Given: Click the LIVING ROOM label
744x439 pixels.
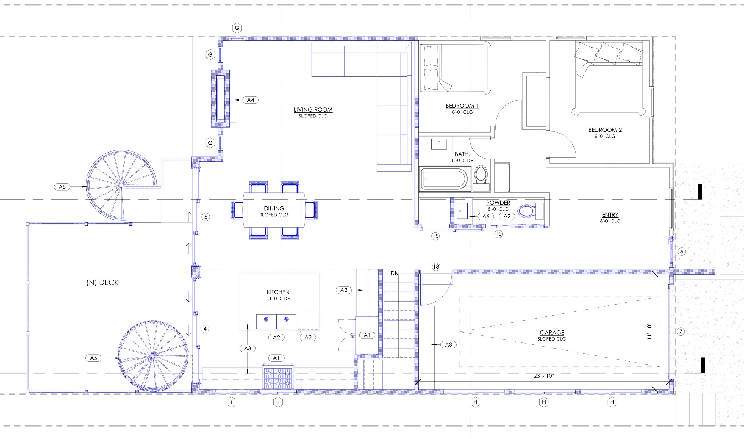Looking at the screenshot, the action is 313,109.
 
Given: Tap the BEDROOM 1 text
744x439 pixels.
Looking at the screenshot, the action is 462,106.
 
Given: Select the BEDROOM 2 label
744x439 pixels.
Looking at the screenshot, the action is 605,130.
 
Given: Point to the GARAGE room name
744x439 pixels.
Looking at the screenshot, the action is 552,333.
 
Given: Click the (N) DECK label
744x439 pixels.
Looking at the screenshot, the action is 102,282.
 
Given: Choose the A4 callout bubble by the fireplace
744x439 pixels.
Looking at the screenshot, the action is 251,100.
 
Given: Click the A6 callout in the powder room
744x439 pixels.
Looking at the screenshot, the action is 486,216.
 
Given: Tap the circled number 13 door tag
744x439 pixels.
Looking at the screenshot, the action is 436,267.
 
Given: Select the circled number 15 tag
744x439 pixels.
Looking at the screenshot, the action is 435,236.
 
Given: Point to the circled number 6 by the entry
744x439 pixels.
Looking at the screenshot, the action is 682,252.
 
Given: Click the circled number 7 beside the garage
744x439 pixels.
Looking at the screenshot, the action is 681,331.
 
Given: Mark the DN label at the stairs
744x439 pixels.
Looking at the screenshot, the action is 394,273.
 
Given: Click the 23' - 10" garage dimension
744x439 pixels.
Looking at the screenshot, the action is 543,376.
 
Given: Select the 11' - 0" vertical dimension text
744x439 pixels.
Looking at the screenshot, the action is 649,332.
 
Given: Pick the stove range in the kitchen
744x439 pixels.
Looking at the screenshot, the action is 278,377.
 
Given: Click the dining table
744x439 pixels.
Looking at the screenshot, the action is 274,210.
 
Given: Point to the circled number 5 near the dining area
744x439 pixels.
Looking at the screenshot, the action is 206,217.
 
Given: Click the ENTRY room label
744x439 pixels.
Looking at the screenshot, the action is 610,215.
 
